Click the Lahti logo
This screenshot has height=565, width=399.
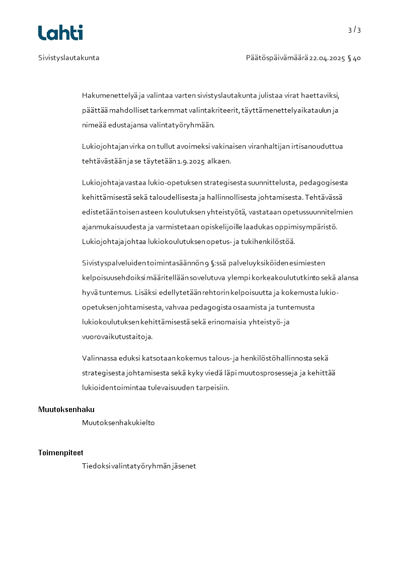pos(60,33)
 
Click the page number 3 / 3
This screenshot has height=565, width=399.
pos(354,30)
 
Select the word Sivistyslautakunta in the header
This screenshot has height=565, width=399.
pos(69,58)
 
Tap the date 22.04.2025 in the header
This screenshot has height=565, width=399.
pos(327,58)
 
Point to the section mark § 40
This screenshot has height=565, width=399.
pos(354,58)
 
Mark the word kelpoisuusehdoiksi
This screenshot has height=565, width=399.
pos(112,277)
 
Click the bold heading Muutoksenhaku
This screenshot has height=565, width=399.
pos(66,410)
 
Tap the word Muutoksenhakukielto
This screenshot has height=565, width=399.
pos(118,423)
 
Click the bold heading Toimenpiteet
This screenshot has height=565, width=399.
pos(60,453)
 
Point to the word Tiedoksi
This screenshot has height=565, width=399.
pos(96,466)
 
